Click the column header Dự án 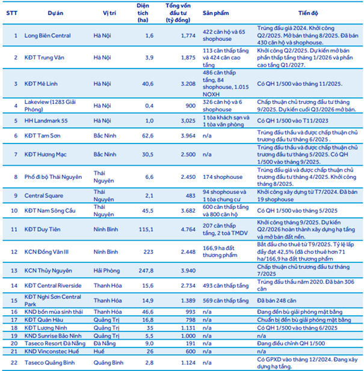(55, 13)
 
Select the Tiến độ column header (310, 13)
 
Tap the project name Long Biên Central (48, 35)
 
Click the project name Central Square (44, 196)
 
